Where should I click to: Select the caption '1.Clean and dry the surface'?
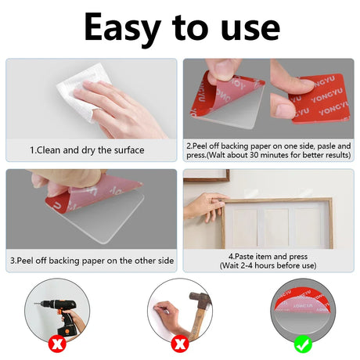pos(87,150)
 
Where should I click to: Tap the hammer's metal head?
pos(200,299)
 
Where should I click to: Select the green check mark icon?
pos(303,344)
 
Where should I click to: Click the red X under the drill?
pos(57,344)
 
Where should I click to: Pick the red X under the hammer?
pos(180,344)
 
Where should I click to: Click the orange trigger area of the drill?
pos(62,313)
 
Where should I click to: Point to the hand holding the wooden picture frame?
pos(205,206)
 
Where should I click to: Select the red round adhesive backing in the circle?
pos(303,300)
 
